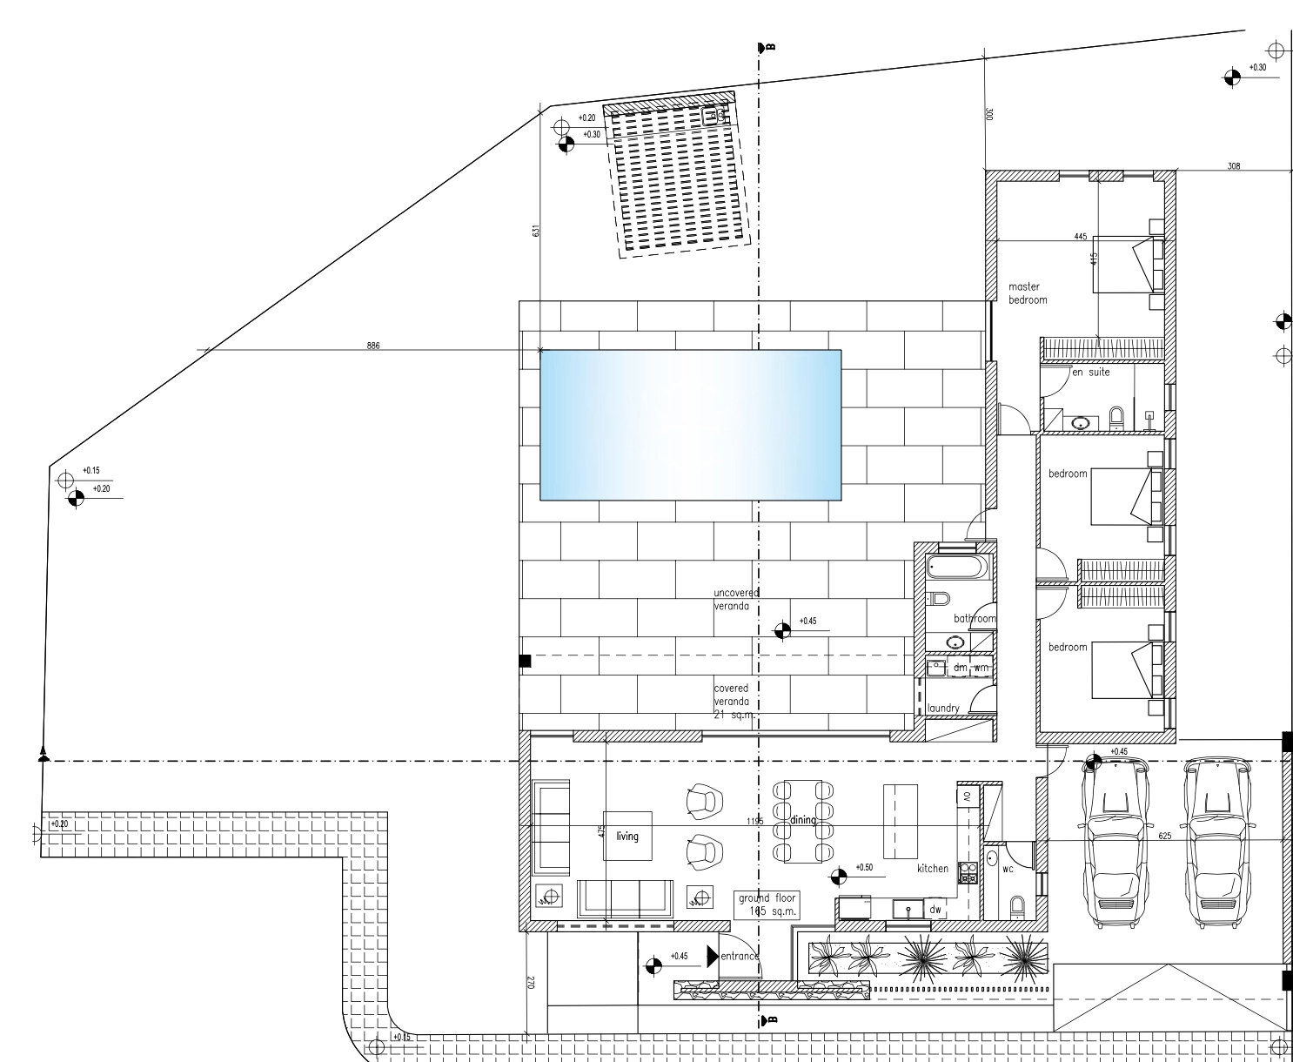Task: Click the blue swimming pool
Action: tap(690, 425)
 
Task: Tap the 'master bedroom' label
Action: tap(1028, 293)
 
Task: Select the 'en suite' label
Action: tap(1090, 373)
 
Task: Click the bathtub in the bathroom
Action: tap(957, 568)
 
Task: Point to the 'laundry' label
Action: tap(944, 709)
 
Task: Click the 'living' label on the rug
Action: tap(627, 837)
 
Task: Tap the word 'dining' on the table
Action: tap(802, 820)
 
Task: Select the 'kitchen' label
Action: tap(932, 869)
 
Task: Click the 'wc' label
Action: tap(1008, 869)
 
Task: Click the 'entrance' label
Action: tap(740, 957)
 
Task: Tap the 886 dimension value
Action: tap(373, 346)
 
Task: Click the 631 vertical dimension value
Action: tap(537, 231)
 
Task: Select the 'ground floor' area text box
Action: tap(767, 905)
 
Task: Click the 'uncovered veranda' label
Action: tap(736, 599)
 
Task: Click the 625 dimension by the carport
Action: tap(1165, 836)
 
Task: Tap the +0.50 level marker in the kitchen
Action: tap(863, 868)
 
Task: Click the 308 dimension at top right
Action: tap(1233, 165)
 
